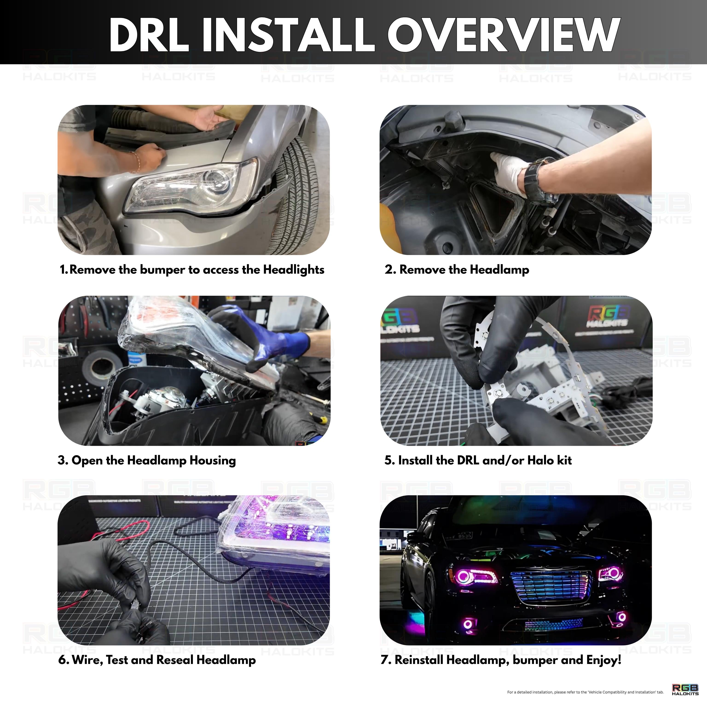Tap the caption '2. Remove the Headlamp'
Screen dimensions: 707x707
click(457, 270)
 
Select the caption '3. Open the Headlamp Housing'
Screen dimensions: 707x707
click(147, 460)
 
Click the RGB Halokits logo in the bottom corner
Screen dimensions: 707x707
click(685, 690)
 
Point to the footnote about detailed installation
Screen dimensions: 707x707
click(585, 692)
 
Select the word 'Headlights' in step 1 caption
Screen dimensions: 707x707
click(293, 270)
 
